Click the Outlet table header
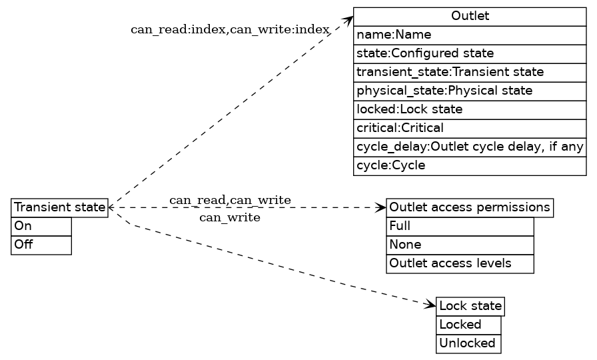(x=470, y=17)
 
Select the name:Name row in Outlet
(x=470, y=35)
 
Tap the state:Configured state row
(x=470, y=53)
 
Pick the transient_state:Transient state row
(x=470, y=72)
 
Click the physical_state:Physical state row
(x=470, y=91)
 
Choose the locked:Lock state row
(x=470, y=109)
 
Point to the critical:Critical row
(x=470, y=128)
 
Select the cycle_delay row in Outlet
(x=470, y=147)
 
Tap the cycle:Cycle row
(x=470, y=165)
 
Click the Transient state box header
(x=60, y=208)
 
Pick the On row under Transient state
(x=41, y=227)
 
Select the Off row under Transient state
(x=41, y=245)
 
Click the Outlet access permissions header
(x=470, y=207)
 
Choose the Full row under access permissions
(x=460, y=226)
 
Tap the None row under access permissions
(x=460, y=245)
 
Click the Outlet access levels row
(x=460, y=263)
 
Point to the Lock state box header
(x=470, y=307)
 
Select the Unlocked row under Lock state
(x=468, y=344)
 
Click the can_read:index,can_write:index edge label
(x=230, y=29)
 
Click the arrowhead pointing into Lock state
(x=430, y=305)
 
